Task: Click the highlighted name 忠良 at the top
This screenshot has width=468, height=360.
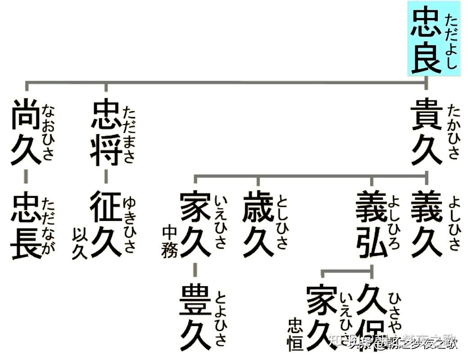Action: pos(426,40)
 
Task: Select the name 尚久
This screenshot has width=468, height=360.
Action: pos(27,133)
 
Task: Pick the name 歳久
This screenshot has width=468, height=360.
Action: pos(258,224)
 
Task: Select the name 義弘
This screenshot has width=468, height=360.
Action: pos(372,224)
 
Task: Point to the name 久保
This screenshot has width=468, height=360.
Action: pos(372,317)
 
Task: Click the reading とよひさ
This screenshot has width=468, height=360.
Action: pos(220,317)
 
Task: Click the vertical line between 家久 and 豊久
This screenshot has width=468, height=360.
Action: pos(194,270)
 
